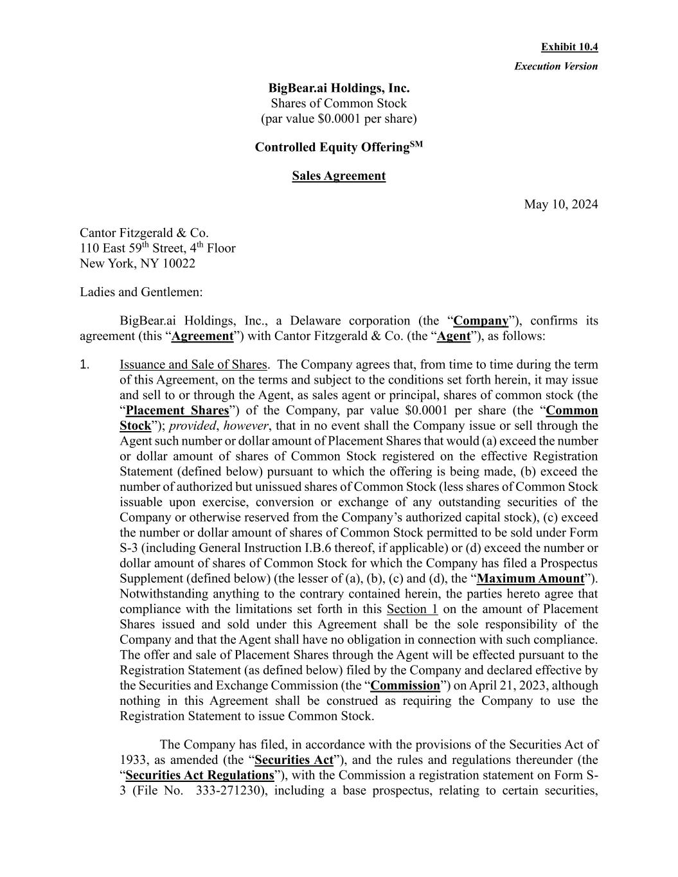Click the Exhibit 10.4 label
[x=569, y=47]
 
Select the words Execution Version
[x=555, y=66]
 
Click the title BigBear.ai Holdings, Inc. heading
[x=339, y=88]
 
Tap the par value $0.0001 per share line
[x=339, y=119]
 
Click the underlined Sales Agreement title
[x=339, y=176]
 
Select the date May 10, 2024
[x=560, y=205]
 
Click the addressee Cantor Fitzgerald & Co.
[x=144, y=233]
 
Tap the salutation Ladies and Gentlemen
[x=141, y=292]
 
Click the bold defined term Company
[x=481, y=321]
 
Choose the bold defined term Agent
[x=454, y=336]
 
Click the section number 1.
[x=84, y=365]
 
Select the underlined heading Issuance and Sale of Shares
[x=193, y=365]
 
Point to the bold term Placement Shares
[x=177, y=411]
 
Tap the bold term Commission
[x=405, y=686]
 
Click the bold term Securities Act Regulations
[x=200, y=775]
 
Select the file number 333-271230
[x=228, y=791]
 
